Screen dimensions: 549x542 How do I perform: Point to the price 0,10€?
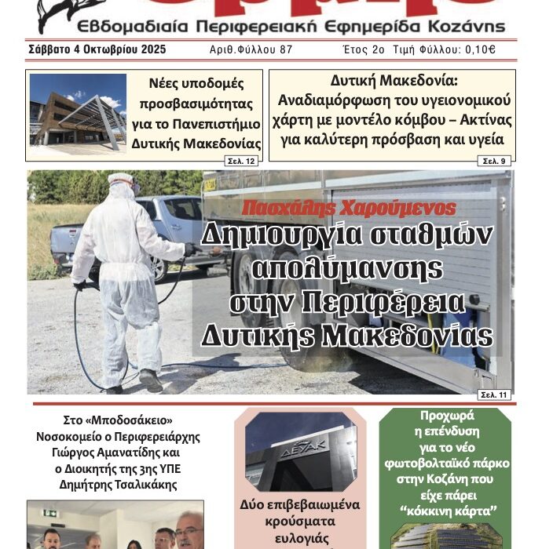[480, 49]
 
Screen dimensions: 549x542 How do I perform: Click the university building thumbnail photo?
[78, 115]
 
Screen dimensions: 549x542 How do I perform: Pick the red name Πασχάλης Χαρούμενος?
[349, 209]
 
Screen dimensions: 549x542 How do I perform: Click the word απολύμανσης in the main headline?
[348, 269]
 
